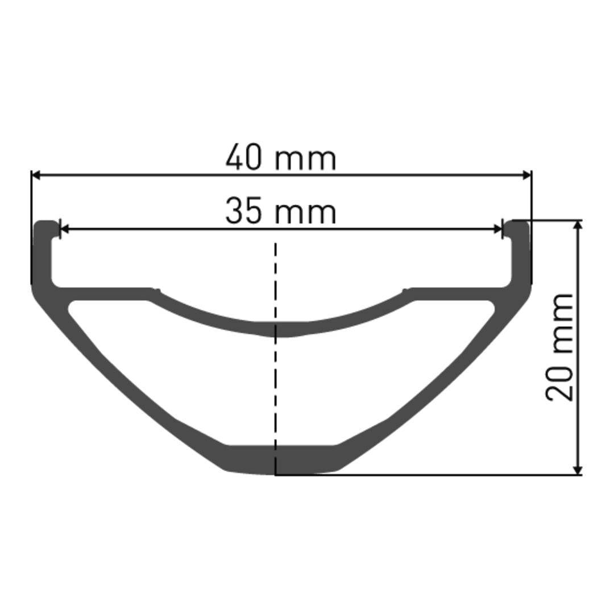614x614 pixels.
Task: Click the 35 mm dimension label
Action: (x=281, y=211)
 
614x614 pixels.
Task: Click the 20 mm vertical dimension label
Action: (x=560, y=347)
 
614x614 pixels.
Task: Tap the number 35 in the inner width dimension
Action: (x=244, y=211)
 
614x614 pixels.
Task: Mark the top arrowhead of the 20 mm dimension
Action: (x=578, y=225)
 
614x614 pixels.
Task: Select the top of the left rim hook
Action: (x=45, y=222)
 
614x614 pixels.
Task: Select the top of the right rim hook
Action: (x=518, y=222)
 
